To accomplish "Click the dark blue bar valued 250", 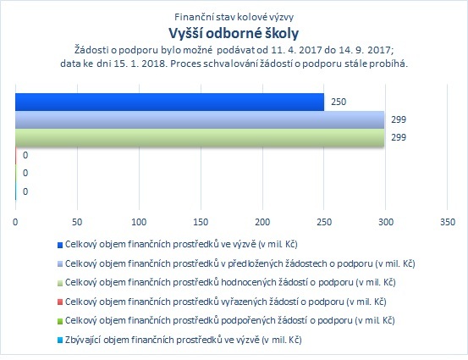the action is pos(169,102).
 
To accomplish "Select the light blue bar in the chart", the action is pos(200,119).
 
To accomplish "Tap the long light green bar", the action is pos(200,138).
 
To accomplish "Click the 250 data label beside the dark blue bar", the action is pos(339,102).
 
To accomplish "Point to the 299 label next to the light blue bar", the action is pos(399,119).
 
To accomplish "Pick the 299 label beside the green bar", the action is pos(399,137).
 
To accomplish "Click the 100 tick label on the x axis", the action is pos(139,222).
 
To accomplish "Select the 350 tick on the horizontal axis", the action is pos(448,222).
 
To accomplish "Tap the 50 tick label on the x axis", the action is pos(77,222).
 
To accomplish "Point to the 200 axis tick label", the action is pos(262,222).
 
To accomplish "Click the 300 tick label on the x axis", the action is pos(386,222).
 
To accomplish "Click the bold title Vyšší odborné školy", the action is pos(234,33).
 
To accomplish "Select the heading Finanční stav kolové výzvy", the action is pos(234,17).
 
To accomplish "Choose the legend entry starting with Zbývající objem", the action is pos(179,340).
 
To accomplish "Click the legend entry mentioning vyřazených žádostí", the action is pos(222,302).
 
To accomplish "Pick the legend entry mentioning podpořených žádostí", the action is pos(226,320).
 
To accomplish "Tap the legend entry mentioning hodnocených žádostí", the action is pos(226,282).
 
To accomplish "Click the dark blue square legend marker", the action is pos(60,245).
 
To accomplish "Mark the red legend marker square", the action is pos(60,302).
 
